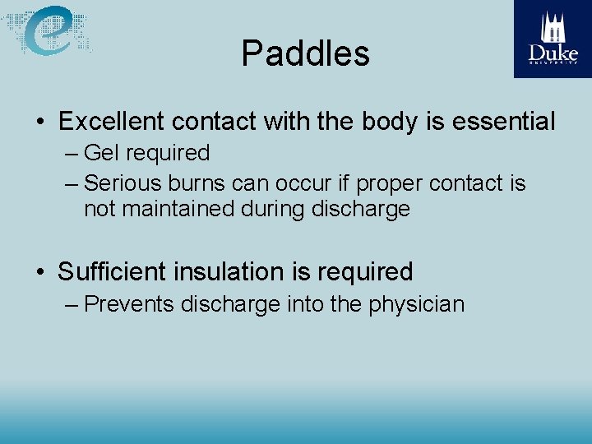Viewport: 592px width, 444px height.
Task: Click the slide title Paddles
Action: point(305,54)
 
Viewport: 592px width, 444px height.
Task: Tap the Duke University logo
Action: point(553,39)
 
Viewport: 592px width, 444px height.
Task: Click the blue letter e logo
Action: point(49,30)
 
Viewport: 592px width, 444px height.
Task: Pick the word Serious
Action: point(123,183)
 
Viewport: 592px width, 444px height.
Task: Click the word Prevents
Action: point(129,304)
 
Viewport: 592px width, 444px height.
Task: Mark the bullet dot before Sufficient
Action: point(39,272)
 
